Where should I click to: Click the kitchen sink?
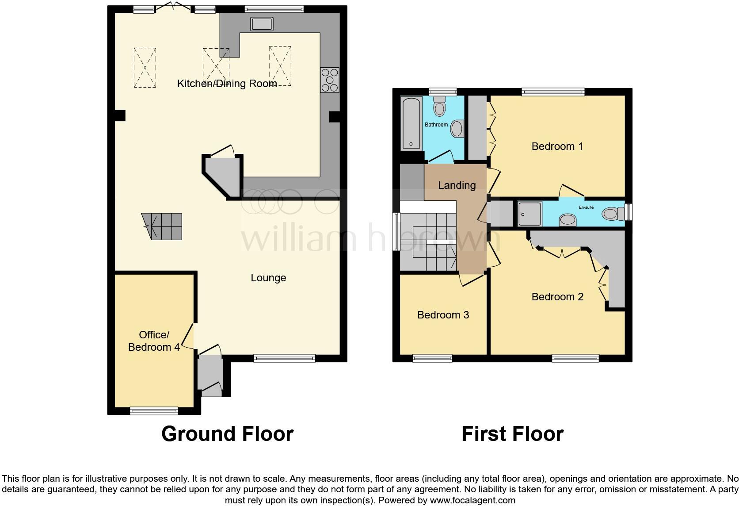tap(262, 24)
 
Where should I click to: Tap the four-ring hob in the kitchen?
tap(330, 80)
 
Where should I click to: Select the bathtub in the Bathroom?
tap(411, 123)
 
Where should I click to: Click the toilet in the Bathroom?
tap(439, 106)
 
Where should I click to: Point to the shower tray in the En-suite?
tap(529, 214)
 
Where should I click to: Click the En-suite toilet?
tap(613, 214)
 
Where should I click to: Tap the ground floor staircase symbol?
tap(162, 226)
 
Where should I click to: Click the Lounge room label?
tap(268, 278)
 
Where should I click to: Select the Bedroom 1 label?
tap(557, 146)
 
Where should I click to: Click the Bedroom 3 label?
tap(443, 315)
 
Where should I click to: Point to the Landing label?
tap(457, 185)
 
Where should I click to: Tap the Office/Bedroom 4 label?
tap(154, 341)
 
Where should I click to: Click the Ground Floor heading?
tap(227, 434)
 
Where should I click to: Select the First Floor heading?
tap(512, 434)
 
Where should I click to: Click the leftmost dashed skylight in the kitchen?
tap(145, 68)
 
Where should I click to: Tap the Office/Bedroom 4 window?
tap(154, 410)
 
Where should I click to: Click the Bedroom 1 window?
tap(553, 92)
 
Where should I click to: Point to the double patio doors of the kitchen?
tap(173, 7)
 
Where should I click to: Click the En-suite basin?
tap(568, 220)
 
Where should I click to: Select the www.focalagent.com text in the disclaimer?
tap(472, 500)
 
